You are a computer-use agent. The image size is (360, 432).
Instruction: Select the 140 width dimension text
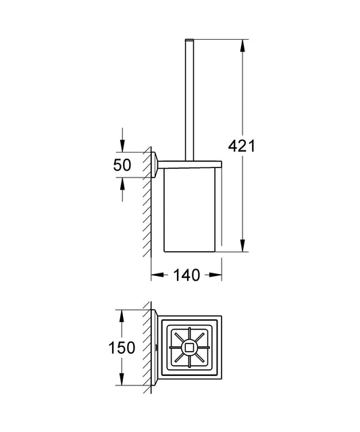(x=186, y=275)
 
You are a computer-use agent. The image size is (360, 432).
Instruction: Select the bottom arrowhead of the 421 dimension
(x=241, y=248)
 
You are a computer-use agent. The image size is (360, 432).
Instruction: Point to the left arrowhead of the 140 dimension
(x=155, y=275)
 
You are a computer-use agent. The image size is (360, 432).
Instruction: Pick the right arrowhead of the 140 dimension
(x=217, y=275)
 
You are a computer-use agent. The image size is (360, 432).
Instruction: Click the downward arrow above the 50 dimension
(x=122, y=146)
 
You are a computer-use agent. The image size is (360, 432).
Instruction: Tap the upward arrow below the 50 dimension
(x=122, y=182)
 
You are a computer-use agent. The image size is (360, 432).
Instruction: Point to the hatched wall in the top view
(x=148, y=348)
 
